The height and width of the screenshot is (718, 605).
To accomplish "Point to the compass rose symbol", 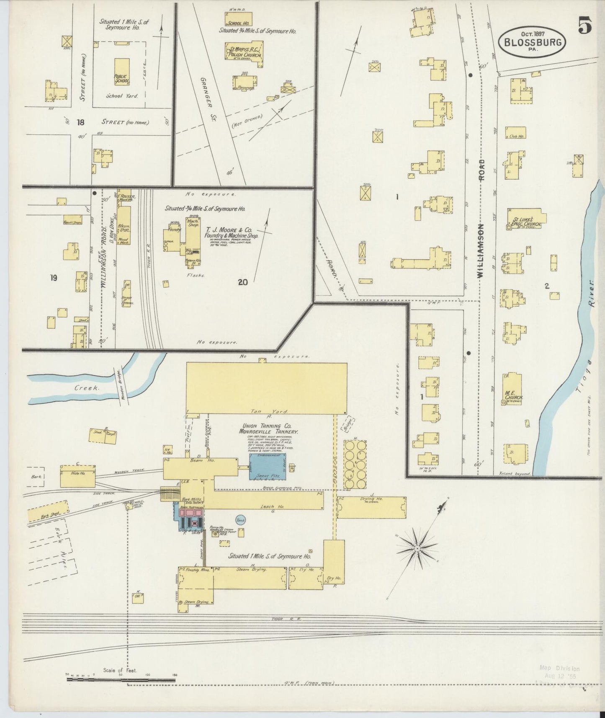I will (x=417, y=548).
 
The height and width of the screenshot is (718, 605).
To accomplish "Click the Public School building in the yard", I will (x=122, y=74).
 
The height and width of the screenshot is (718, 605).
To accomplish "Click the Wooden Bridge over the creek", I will (x=118, y=382).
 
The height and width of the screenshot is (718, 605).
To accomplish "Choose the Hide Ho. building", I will (x=78, y=475).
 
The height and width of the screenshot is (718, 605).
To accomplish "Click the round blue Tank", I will (x=240, y=520).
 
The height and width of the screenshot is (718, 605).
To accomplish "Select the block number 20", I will (x=242, y=282).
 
